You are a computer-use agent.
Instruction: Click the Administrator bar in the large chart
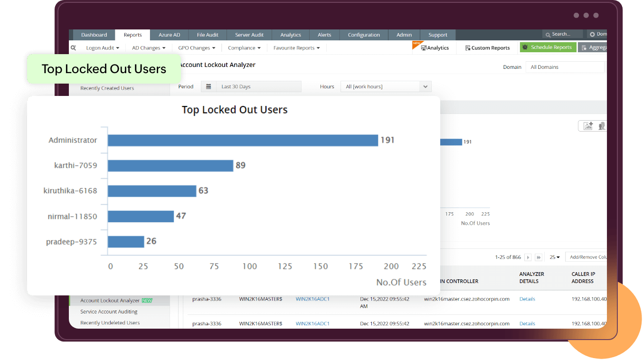coord(242,141)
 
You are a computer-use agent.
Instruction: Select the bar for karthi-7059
coord(170,166)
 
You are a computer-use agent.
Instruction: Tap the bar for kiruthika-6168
coord(151,191)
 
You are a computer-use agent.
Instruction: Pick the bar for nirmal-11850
coord(141,217)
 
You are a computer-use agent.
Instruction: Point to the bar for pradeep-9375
coord(125,242)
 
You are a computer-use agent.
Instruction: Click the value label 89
coord(241,165)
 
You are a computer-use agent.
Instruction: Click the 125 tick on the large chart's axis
coord(285,266)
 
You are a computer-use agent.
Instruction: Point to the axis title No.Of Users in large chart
coord(401,282)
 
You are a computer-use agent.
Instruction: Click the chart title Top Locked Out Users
coord(235,110)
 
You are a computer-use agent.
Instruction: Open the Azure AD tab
coord(169,35)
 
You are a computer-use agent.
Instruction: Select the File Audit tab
coord(208,35)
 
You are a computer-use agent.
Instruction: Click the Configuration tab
coord(364,35)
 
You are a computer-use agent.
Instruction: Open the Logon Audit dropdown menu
coord(103,48)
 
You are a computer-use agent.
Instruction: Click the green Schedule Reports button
coord(548,47)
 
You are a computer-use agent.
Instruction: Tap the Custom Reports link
coord(487,48)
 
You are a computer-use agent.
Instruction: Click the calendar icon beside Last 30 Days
coord(208,86)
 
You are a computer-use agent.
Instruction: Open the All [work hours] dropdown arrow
coord(425,86)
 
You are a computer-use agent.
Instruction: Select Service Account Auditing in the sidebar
coord(109,312)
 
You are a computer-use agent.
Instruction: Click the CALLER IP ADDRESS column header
coord(583,277)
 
